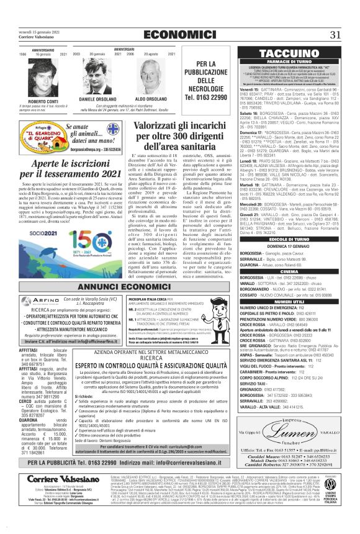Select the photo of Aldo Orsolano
point(149,78)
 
